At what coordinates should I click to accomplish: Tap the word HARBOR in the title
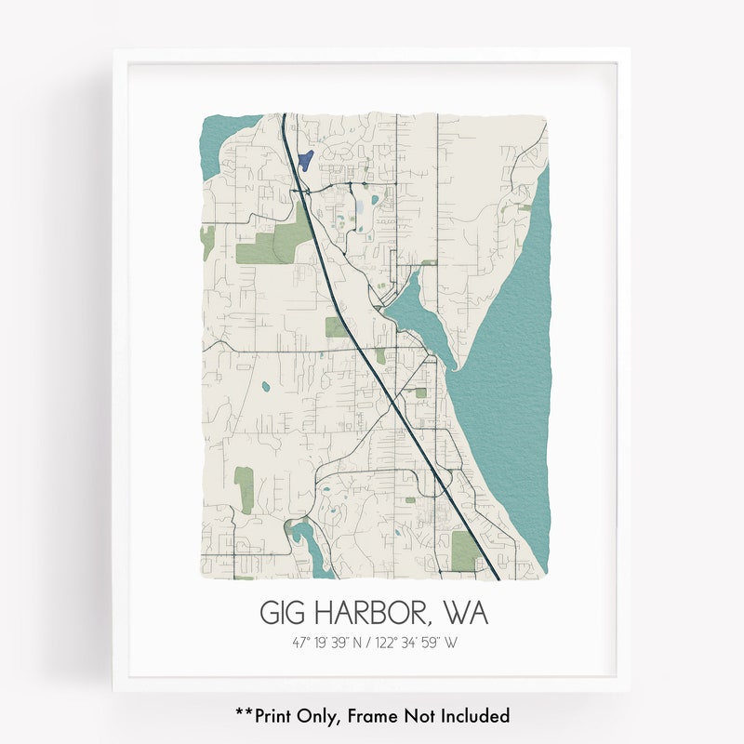370,614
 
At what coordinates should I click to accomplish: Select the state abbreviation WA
465,614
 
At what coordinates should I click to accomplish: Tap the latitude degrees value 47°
299,642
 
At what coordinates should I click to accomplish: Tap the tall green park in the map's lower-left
245,488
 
